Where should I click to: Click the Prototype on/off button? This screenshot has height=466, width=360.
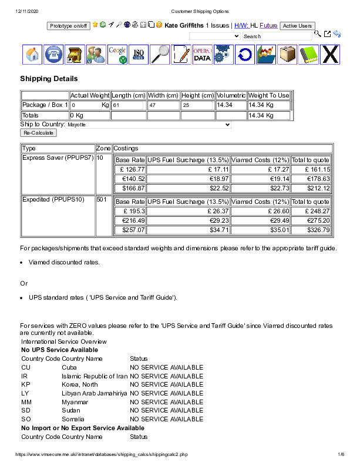pos(69,26)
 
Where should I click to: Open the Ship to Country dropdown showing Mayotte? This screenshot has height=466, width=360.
pos(150,125)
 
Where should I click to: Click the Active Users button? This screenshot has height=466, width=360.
pos(297,26)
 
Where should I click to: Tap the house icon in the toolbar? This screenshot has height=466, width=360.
pos(33,55)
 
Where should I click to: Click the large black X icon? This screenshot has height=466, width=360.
pos(331,55)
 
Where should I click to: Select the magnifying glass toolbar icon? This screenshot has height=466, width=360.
pos(160,55)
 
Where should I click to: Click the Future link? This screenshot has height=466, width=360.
pos(268,26)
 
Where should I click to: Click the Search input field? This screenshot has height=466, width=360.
pos(277,36)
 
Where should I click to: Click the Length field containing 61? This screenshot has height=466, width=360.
pos(128,105)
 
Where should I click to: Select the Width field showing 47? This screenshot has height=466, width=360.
pos(164,105)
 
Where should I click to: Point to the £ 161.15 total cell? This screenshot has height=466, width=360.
pos(311,169)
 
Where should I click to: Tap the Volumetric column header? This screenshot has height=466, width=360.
pos(231,95)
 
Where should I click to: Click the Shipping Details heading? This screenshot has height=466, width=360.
pos(49,79)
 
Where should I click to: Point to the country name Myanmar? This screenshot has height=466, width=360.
pos(75,402)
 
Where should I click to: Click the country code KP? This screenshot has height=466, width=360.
pos(26,385)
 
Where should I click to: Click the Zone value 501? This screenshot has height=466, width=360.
pos(102,200)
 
